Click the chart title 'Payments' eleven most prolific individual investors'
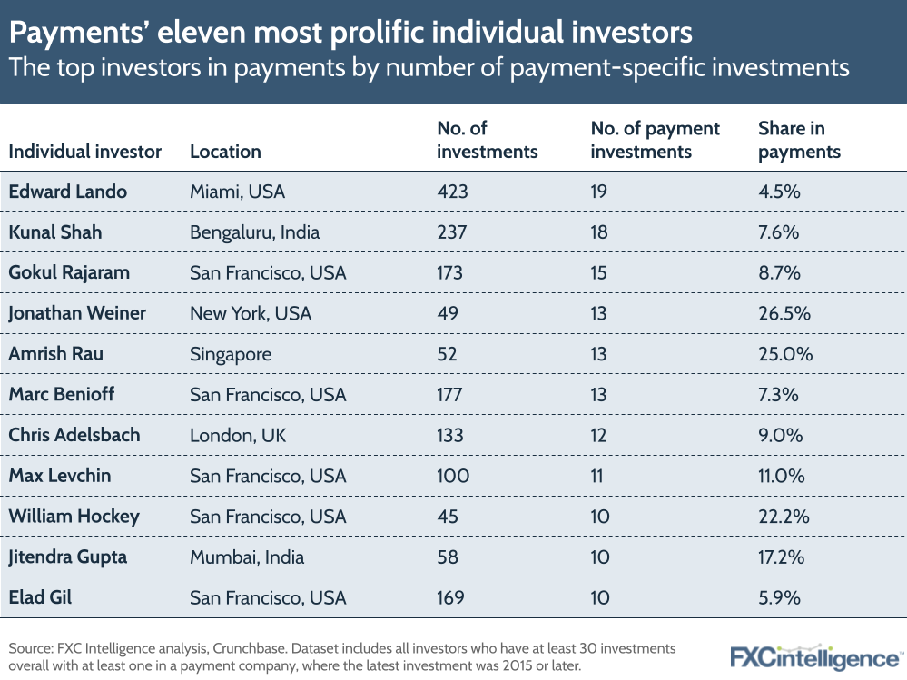point(350,34)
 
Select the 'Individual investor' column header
point(84,152)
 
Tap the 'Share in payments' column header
point(799,141)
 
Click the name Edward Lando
point(67,192)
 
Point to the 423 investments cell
point(453,192)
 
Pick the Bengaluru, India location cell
point(254,232)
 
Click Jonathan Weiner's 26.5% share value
point(784,313)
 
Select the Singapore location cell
point(230,354)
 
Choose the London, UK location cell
point(237,436)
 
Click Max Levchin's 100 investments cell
point(453,476)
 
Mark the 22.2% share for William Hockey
point(783,517)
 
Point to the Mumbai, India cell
point(247,557)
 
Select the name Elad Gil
point(41,597)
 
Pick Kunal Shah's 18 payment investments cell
point(599,232)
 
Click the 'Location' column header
point(225,152)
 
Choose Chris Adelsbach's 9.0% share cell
point(780,436)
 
